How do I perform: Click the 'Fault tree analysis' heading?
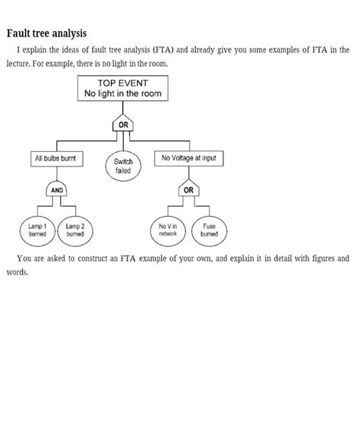coord(46,33)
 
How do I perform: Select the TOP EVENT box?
coord(122,88)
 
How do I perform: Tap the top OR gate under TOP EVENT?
coord(122,125)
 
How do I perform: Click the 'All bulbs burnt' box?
coord(55,159)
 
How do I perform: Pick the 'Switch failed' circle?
coord(123,166)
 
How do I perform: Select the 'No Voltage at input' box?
coord(188,158)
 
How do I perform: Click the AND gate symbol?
coord(58,190)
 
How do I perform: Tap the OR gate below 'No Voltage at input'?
coord(188,190)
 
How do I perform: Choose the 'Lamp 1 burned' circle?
coord(37,230)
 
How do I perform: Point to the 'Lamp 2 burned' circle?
coord(74,230)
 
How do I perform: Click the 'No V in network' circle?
coord(168,230)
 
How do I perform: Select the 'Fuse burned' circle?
coord(209,230)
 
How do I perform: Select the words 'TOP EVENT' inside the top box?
coord(122,82)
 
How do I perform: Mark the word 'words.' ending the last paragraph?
coord(17,272)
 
